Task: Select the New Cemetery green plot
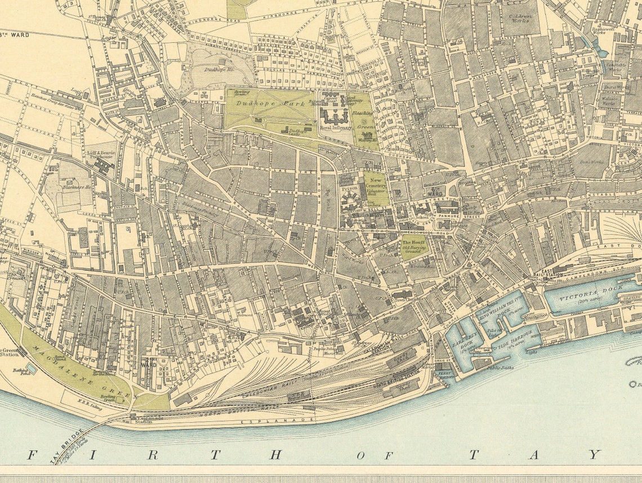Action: coord(376,189)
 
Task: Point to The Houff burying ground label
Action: coord(413,246)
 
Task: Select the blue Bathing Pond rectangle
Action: coord(32,368)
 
